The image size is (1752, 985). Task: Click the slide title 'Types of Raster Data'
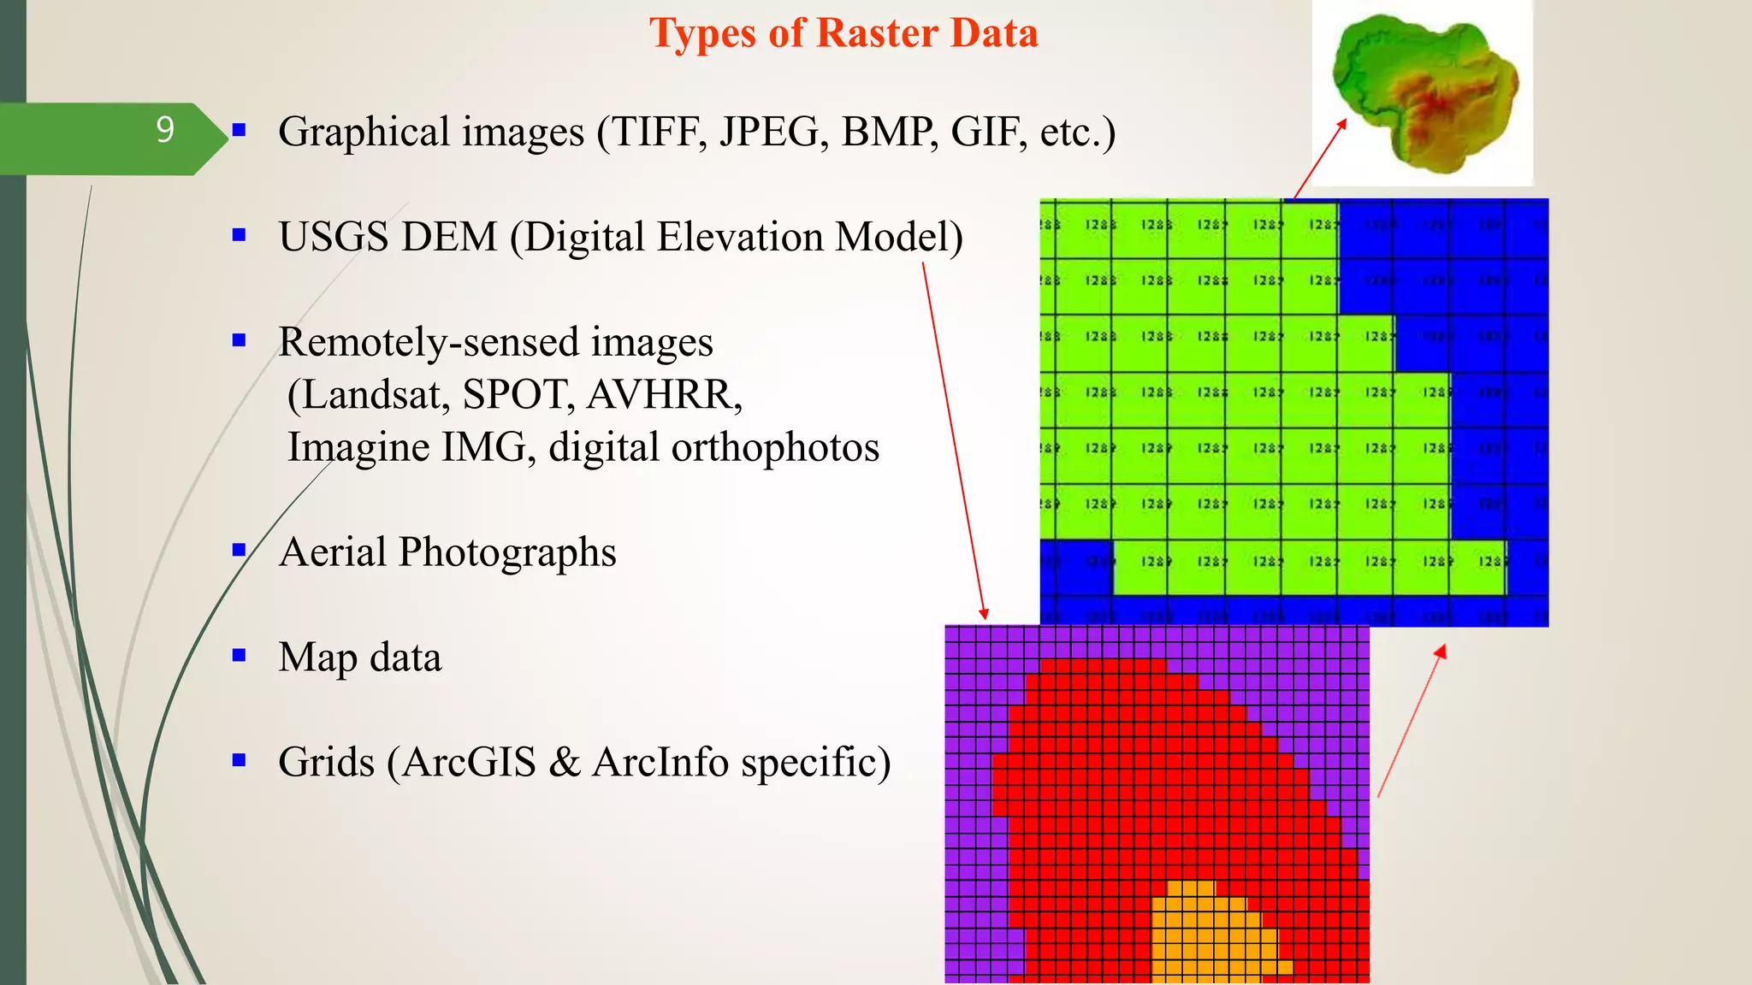[843, 34]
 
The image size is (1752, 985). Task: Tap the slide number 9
[165, 130]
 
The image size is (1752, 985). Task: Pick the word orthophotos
[775, 447]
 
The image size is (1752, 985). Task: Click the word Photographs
[507, 552]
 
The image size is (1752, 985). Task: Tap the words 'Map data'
[360, 658]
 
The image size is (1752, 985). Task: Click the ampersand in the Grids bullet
[564, 762]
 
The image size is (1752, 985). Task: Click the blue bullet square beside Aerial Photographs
[240, 550]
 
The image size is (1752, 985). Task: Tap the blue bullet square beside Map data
[240, 656]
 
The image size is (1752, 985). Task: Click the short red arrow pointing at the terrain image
[1320, 159]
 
